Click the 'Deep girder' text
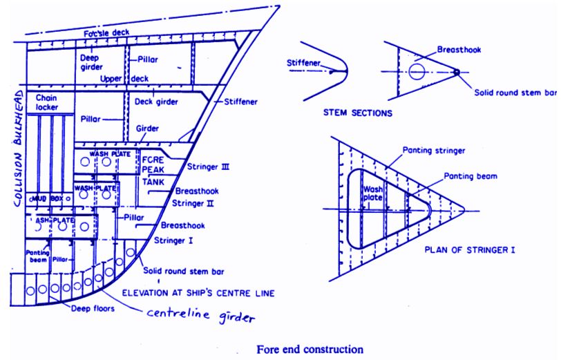click(92, 62)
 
